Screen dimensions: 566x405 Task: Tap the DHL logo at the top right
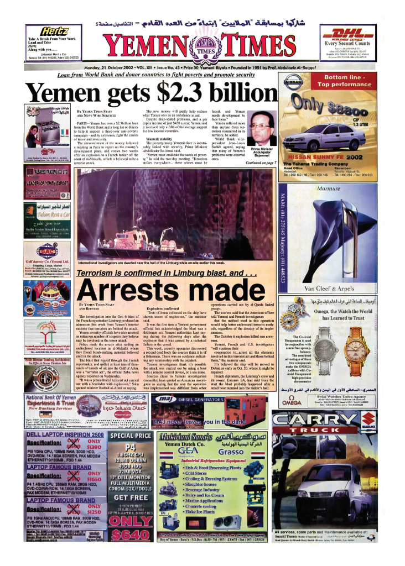point(356,33)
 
